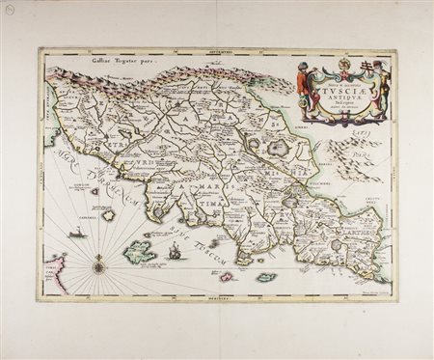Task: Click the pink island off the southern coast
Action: (x=227, y=277)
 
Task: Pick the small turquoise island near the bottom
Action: (x=266, y=278)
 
